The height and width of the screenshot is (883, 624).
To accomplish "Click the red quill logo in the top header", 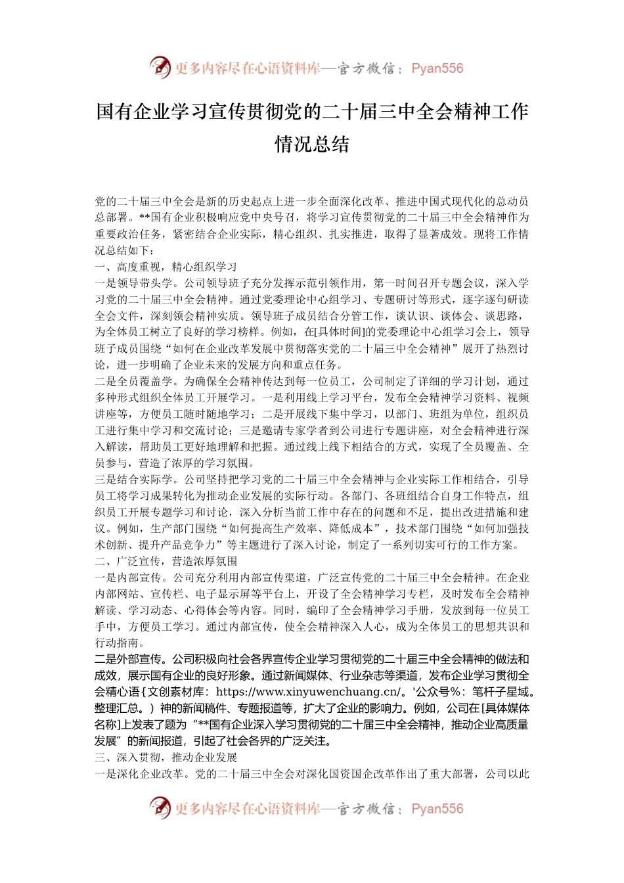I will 160,67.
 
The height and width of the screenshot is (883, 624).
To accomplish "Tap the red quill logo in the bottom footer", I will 160,808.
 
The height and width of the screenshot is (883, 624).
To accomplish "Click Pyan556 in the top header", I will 437,68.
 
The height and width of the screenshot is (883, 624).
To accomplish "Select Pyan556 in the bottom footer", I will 437,809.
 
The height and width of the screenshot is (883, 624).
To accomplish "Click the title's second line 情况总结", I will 312,145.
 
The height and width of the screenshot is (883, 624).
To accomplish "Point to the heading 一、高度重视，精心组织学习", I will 166,267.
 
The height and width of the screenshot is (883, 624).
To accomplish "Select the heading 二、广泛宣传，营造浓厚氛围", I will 166,561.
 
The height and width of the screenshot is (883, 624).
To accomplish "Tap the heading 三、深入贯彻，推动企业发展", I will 166,758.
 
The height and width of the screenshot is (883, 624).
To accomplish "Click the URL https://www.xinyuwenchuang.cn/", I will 308,692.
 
